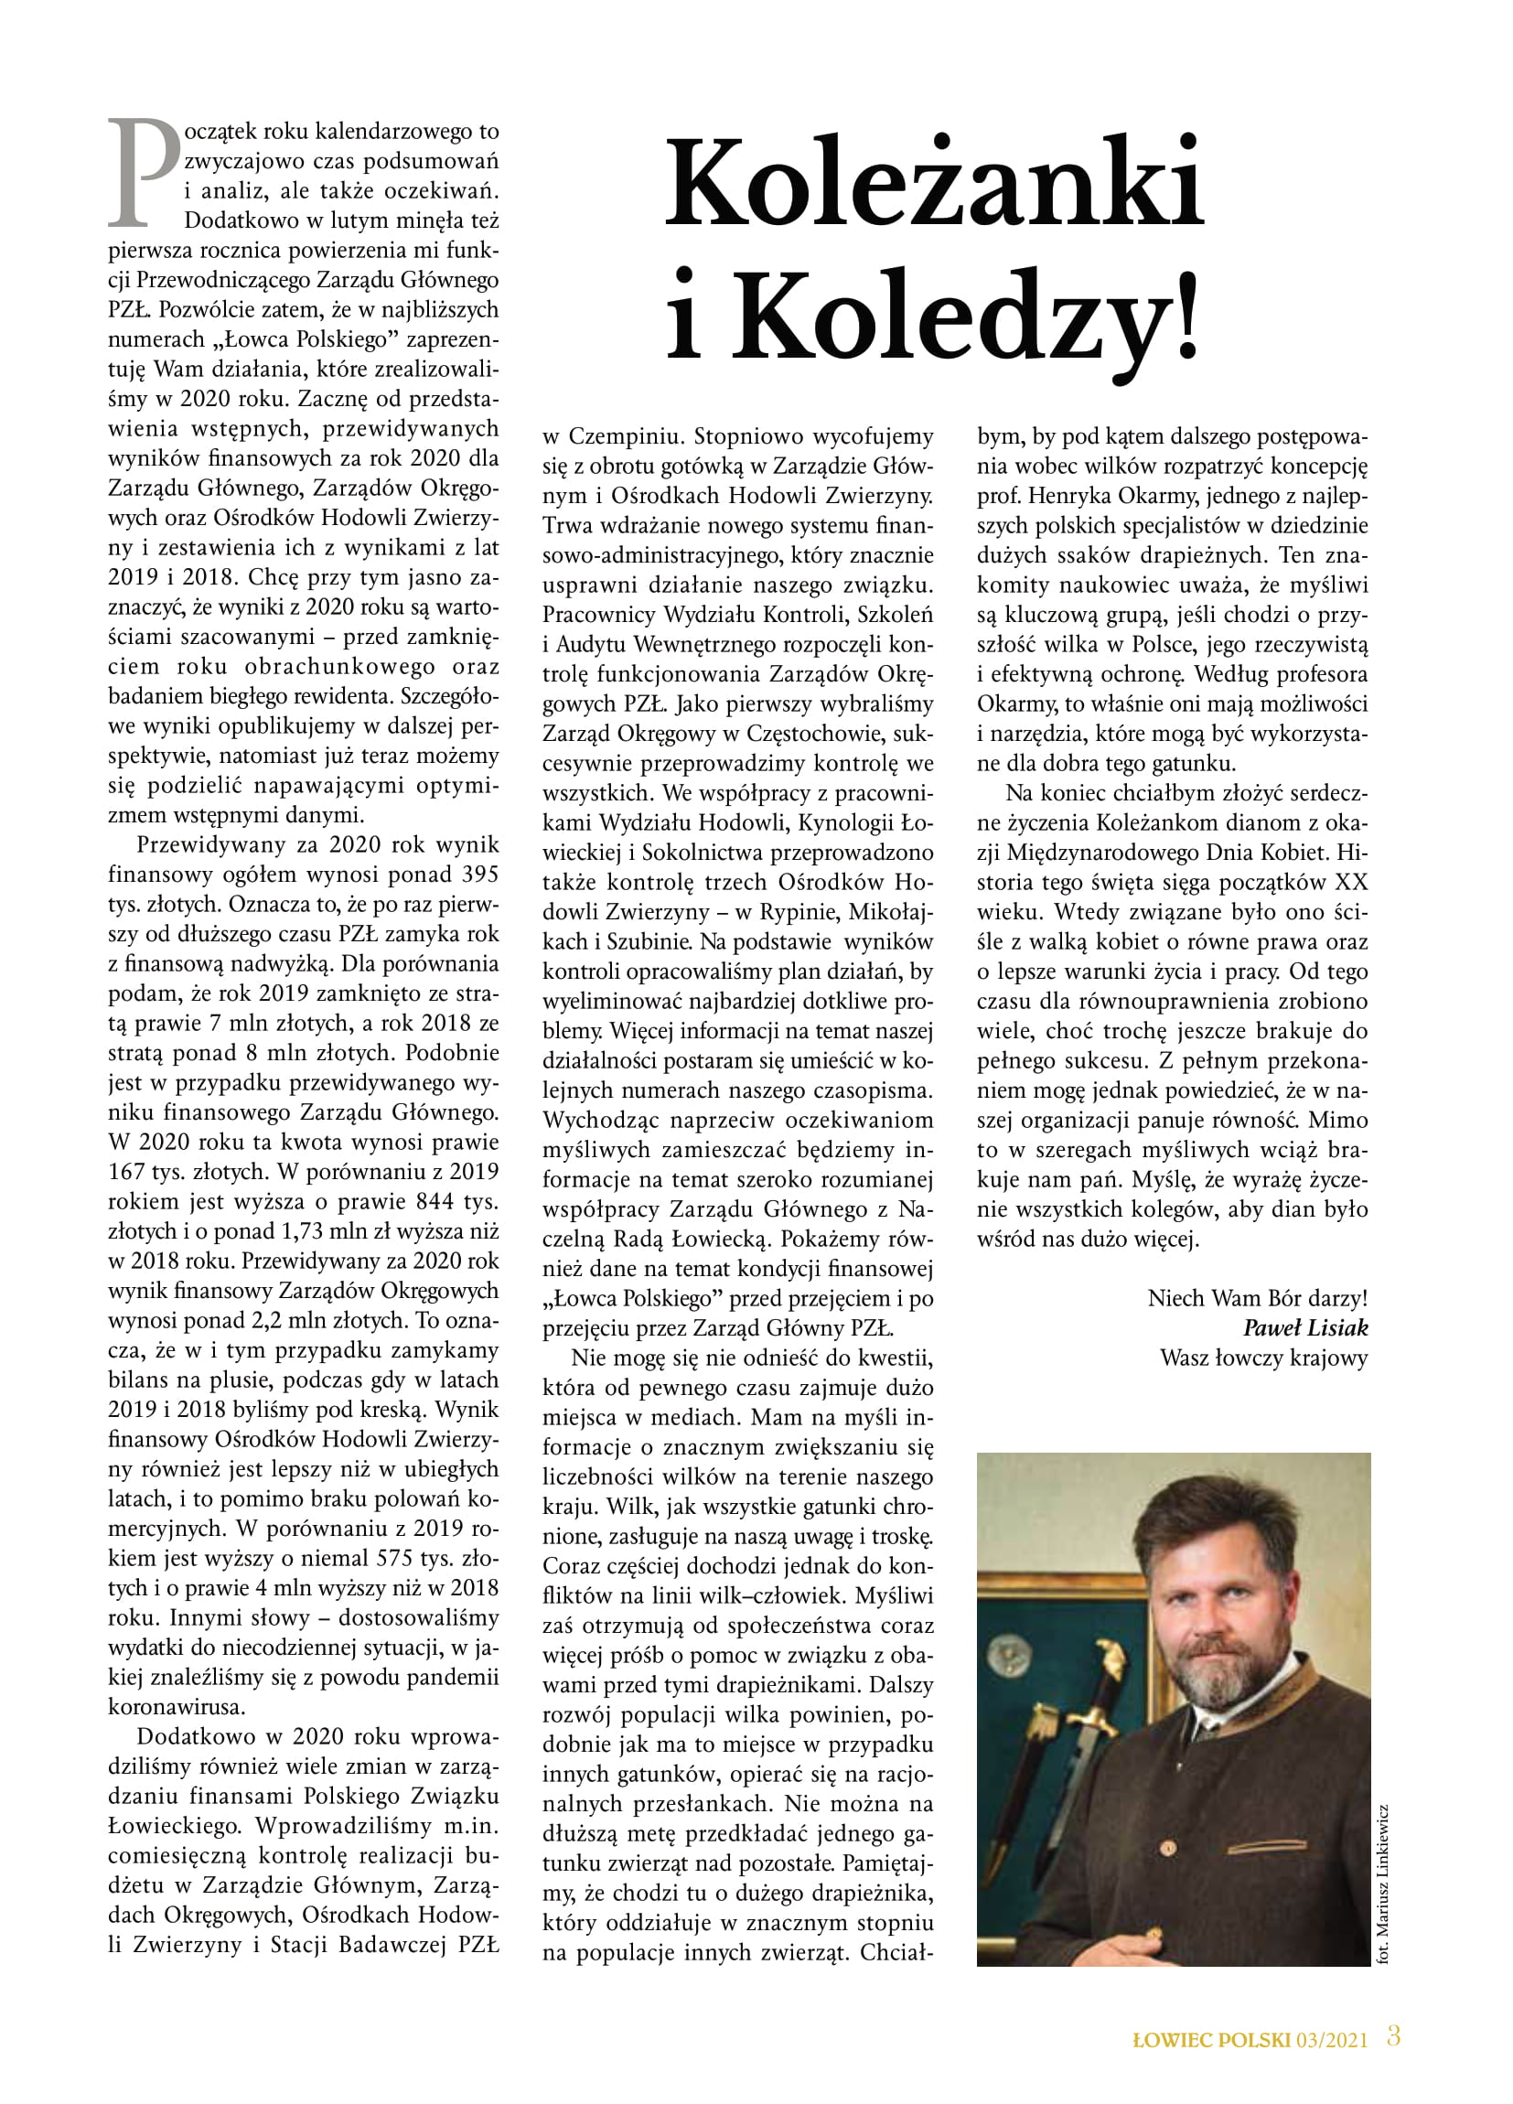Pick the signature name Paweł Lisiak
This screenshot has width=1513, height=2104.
[x=1305, y=1327]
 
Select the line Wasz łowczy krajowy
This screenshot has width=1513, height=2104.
[x=1263, y=1358]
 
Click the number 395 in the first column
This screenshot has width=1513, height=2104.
[x=478, y=874]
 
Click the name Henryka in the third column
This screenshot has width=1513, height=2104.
[x=1073, y=496]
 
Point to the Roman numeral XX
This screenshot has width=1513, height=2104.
[x=1351, y=882]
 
